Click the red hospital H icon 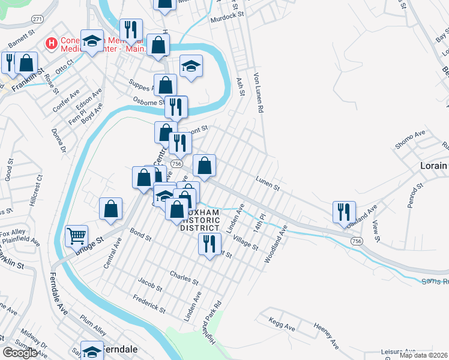pos(52,44)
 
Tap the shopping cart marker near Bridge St pos(76,236)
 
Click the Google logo pos(20,352)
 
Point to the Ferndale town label pos(120,349)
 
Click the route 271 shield pos(37,20)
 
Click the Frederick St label pos(149,302)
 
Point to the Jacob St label pos(150,284)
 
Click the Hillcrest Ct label pos(40,190)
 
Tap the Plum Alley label pos(93,327)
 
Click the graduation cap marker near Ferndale pos(92,352)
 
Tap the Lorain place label pos(433,166)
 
